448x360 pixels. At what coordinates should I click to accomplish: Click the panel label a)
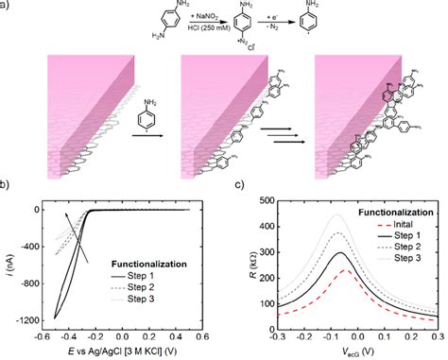pos(9,8)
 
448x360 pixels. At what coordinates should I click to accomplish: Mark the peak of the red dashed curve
pos(346,270)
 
